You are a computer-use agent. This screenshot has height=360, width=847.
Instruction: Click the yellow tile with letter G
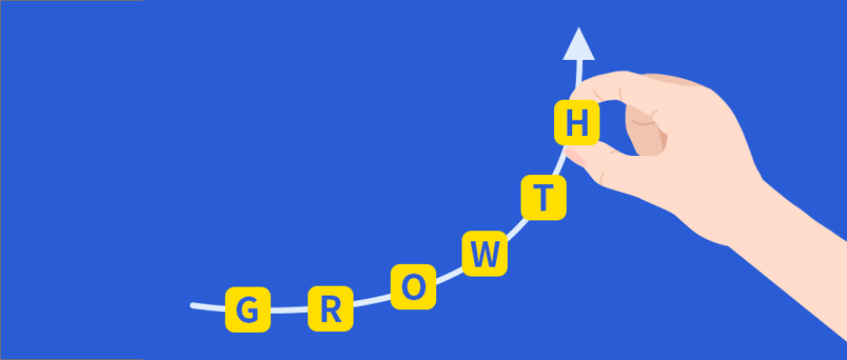[247, 309]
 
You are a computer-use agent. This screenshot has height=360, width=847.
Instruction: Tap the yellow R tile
[331, 308]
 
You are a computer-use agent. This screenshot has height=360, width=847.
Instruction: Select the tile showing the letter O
[414, 286]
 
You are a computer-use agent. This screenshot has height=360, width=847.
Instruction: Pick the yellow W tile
[485, 253]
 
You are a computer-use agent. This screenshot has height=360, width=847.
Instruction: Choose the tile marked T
[543, 197]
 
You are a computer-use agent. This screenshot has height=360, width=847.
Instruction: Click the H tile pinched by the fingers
[577, 122]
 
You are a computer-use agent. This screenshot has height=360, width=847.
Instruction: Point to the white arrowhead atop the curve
[578, 44]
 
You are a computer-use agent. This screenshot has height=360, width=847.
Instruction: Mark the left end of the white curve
[194, 306]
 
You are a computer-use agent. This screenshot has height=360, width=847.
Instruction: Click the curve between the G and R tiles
[288, 311]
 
